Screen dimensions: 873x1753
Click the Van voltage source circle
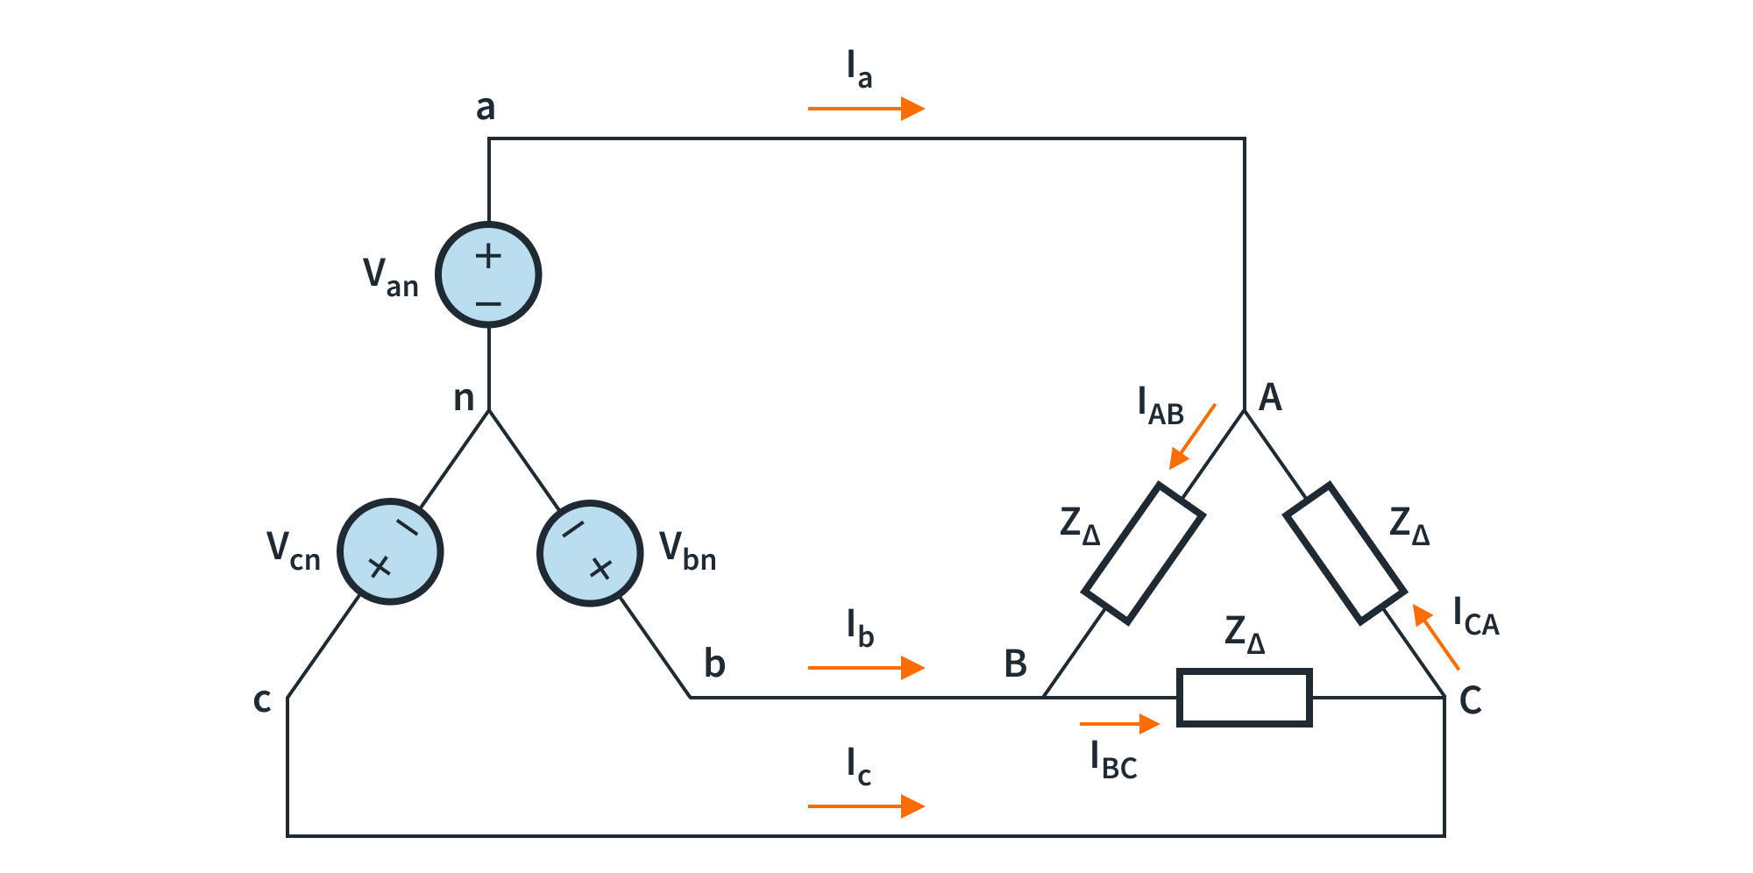click(488, 275)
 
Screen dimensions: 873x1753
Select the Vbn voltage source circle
click(590, 553)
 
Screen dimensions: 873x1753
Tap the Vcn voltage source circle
click(390, 552)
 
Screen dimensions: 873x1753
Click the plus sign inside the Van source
click(488, 256)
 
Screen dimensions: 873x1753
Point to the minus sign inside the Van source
click(488, 304)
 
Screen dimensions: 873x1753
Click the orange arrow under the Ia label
click(866, 109)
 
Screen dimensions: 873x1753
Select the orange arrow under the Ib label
click(866, 668)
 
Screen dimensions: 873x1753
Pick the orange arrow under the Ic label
click(866, 806)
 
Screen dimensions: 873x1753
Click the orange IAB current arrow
click(1192, 436)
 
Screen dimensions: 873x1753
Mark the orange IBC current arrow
click(1119, 724)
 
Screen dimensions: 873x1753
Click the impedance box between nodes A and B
click(1143, 554)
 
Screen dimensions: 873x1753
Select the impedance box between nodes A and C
click(1345, 554)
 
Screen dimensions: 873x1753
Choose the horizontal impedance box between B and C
click(1244, 698)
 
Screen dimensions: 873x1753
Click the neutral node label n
click(464, 399)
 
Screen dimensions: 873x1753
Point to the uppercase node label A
click(1270, 398)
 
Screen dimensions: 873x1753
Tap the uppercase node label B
click(1015, 664)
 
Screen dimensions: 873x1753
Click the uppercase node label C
click(1470, 700)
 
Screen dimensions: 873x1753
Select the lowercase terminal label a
click(486, 108)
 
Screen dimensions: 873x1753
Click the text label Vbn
click(687, 551)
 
